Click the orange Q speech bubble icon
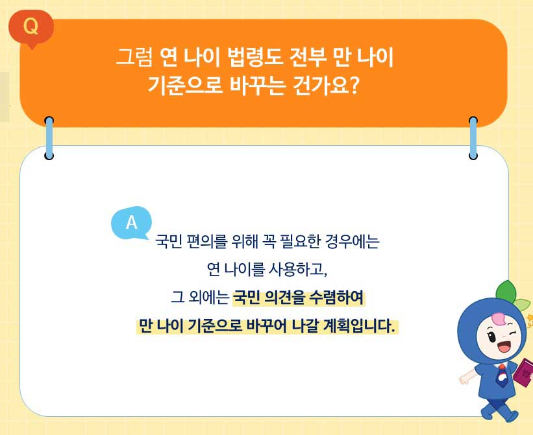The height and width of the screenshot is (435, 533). [30, 27]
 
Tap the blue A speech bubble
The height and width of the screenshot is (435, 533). [132, 222]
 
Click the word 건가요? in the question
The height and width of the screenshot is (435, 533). [323, 86]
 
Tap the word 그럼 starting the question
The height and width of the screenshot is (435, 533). [134, 58]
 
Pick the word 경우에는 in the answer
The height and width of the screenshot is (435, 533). [354, 242]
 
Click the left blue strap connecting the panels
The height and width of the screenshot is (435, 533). [49, 137]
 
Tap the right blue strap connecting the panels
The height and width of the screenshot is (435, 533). [473, 137]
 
